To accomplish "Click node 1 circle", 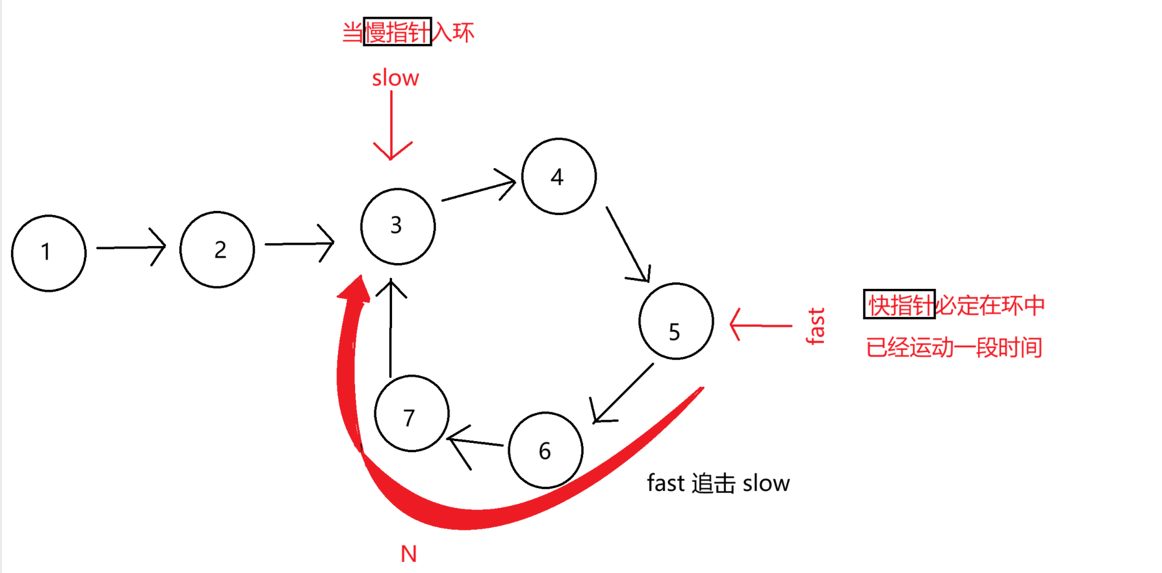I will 49,253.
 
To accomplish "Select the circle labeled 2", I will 217,250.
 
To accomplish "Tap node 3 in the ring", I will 398,226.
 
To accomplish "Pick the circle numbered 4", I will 559,176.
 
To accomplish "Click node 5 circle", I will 676,321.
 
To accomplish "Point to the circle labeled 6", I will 546,450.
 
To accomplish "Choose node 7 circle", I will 412,413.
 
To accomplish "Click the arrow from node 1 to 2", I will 131,247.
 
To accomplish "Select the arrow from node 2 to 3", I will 299,243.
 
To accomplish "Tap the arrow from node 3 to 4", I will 479,189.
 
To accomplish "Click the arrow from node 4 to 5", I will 628,244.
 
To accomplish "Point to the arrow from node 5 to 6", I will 622,393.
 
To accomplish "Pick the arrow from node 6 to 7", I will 475,442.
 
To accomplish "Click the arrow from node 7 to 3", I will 391,328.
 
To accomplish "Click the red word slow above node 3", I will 396,78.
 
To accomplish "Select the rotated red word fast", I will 815,326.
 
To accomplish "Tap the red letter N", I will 408,554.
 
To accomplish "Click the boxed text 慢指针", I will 397,32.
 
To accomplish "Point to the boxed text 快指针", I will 899,305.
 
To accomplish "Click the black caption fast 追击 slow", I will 718,483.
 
